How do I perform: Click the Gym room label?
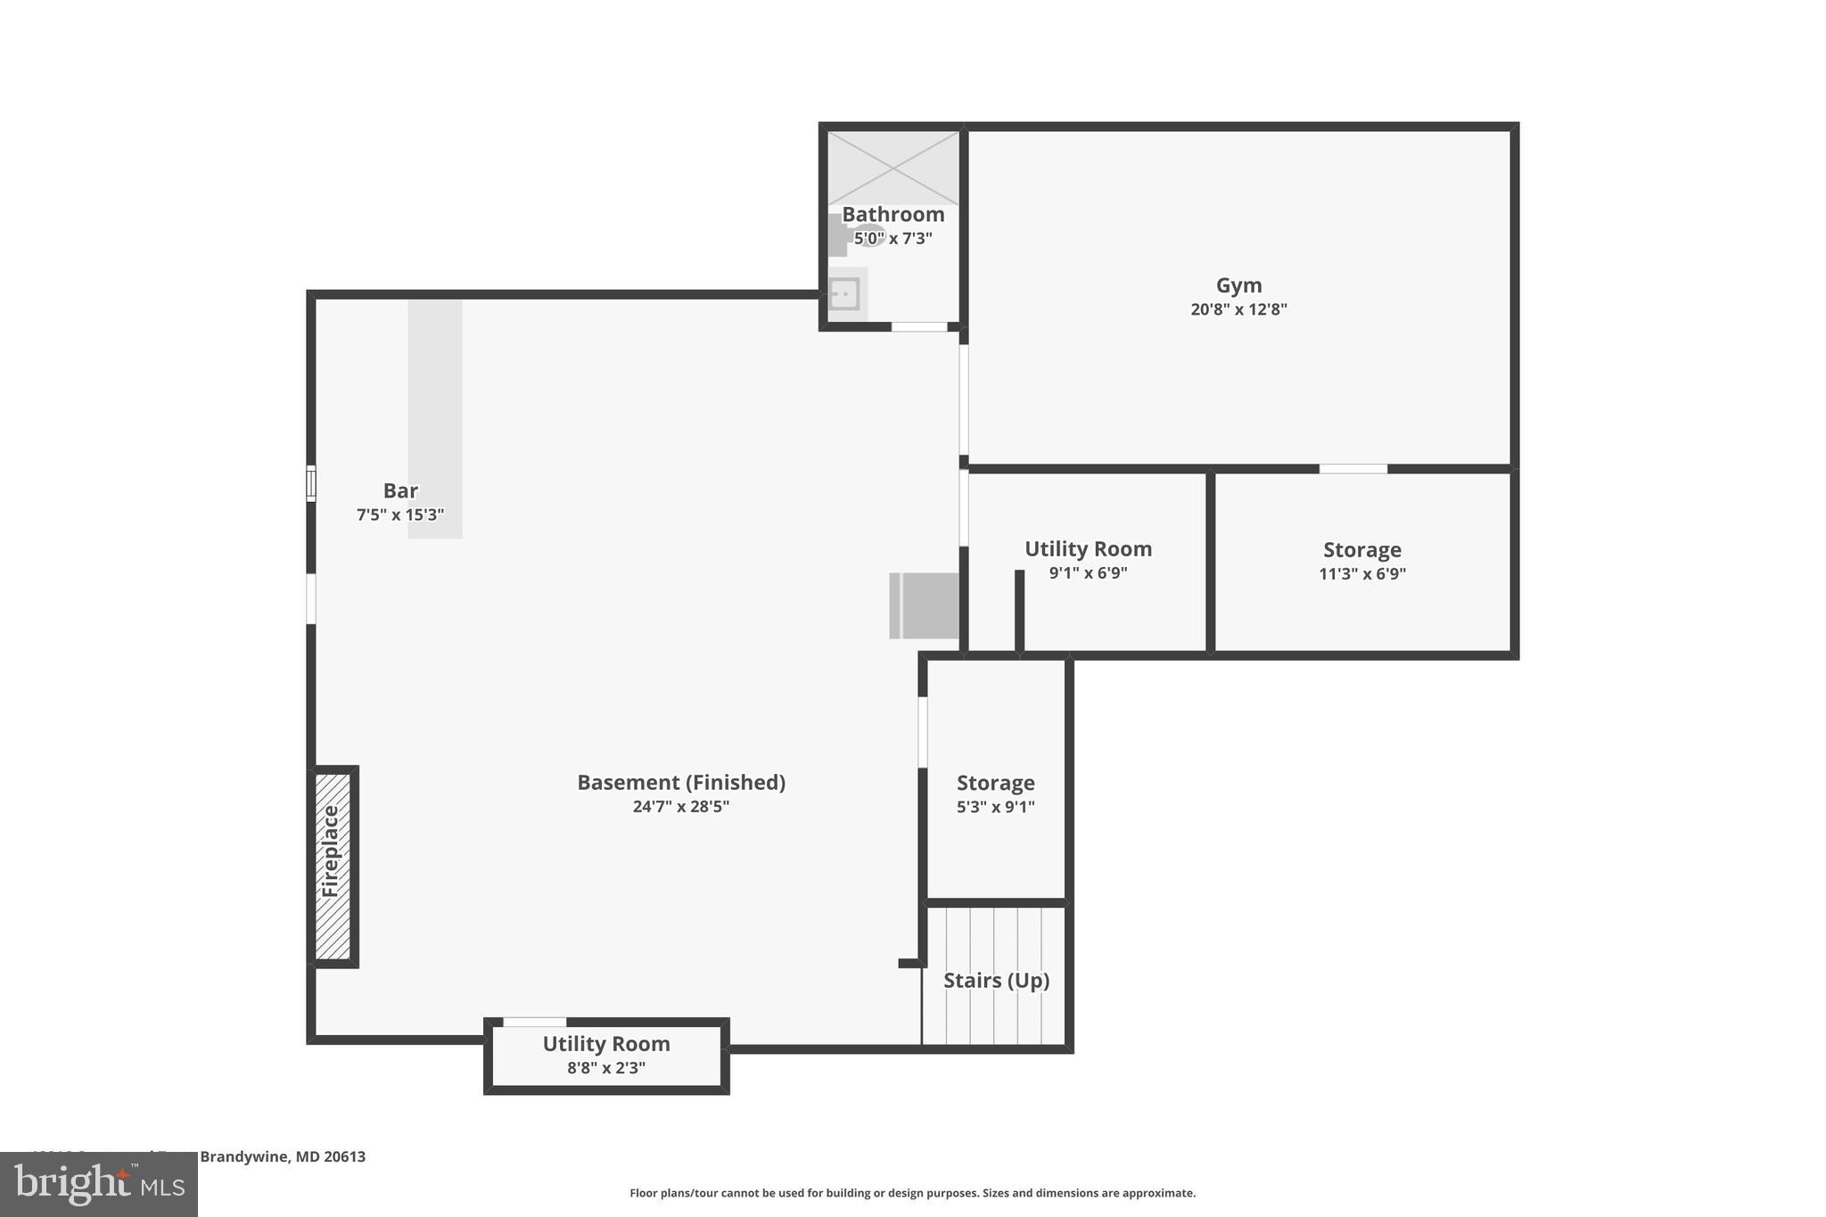1238,285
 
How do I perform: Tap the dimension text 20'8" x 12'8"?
1238,309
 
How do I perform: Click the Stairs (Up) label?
996,981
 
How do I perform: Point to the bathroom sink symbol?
843,293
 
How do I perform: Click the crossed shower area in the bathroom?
892,168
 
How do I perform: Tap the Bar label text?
400,490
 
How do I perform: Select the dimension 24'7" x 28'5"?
681,807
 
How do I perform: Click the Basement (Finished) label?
681,782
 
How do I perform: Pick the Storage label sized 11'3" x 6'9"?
1361,549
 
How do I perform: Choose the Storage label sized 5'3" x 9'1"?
995,783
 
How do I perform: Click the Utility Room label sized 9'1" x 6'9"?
1088,548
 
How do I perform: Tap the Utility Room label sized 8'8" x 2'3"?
606,1043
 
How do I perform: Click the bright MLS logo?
99,1184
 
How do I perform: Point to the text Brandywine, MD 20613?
283,1156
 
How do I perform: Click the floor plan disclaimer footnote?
912,1193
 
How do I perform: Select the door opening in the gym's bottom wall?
1353,469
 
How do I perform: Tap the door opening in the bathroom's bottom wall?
919,327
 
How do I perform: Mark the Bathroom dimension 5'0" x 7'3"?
892,238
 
